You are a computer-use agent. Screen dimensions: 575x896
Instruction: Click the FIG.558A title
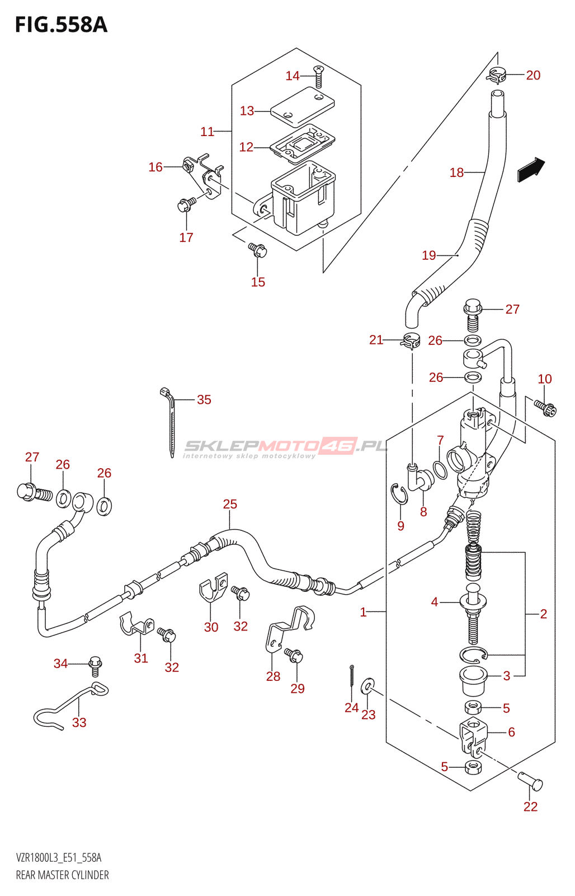(x=61, y=25)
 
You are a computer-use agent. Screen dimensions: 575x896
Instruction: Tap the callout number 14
(x=293, y=76)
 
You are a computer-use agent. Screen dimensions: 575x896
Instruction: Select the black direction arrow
(x=531, y=170)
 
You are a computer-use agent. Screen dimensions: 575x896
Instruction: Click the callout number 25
(x=230, y=504)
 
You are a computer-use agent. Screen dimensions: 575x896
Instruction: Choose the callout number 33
(x=79, y=734)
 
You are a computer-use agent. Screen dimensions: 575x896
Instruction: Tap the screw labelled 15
(x=258, y=250)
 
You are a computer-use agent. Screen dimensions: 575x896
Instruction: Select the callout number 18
(x=457, y=172)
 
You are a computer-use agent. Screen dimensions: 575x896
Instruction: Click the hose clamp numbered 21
(x=410, y=341)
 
